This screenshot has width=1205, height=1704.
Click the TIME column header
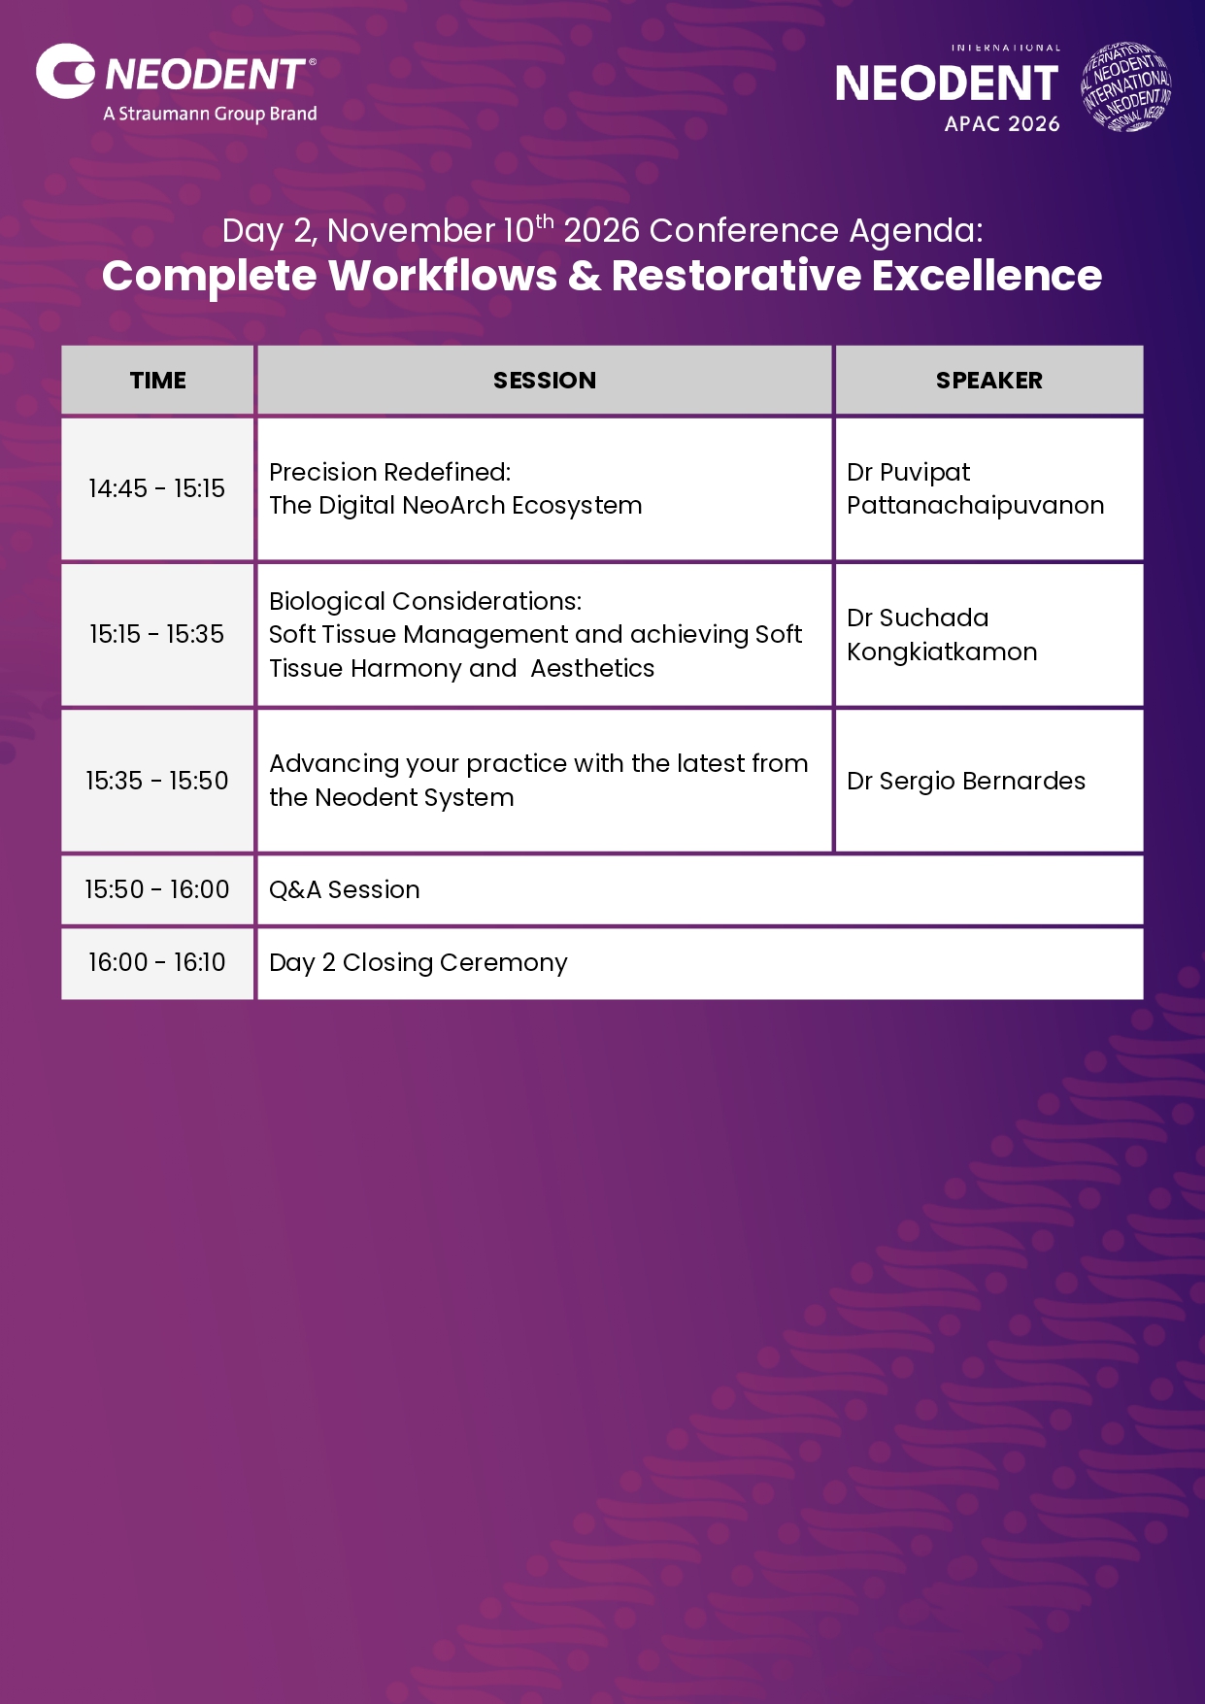[x=158, y=381]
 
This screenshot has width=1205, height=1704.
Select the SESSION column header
[x=545, y=381]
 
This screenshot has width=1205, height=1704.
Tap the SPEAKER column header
[x=989, y=381]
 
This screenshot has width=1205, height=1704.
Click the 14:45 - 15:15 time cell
[x=157, y=488]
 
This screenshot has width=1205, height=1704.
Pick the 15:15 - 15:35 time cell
[x=157, y=634]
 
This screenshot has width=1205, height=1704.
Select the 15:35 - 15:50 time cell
[x=157, y=781]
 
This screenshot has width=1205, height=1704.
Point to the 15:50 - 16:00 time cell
[x=157, y=889]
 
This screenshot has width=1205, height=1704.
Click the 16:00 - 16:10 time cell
[x=157, y=962]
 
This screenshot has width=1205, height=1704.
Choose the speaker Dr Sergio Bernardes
[x=966, y=782]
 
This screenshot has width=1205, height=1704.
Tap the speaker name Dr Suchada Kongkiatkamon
[x=942, y=634]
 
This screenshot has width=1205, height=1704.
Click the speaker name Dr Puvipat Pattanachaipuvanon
[x=976, y=488]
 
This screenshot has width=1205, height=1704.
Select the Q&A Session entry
[x=345, y=889]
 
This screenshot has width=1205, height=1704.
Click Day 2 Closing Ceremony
[x=418, y=962]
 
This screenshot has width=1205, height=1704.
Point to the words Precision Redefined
[x=390, y=472]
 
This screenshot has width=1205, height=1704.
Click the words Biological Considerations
[x=425, y=601]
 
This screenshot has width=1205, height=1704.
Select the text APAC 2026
[x=1002, y=124]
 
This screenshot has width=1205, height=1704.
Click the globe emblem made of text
[x=1126, y=86]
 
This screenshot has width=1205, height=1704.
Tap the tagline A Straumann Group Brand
[x=211, y=114]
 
